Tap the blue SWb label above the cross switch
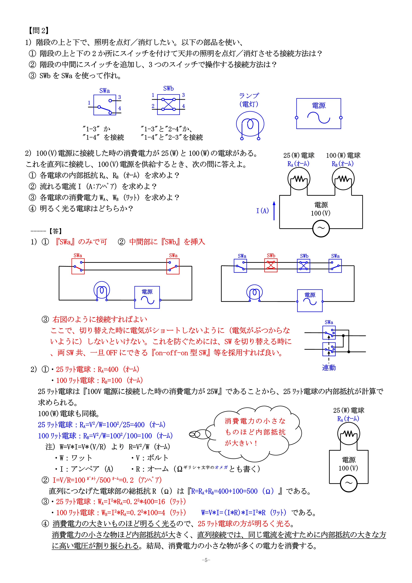168,89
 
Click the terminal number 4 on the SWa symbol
120,108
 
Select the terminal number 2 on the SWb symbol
153,106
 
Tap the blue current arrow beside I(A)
274,211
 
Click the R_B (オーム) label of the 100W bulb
342,164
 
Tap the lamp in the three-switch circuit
254,293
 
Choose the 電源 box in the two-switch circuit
147,297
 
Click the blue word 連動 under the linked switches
329,368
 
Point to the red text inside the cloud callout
255,432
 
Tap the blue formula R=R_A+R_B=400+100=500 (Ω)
233,491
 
